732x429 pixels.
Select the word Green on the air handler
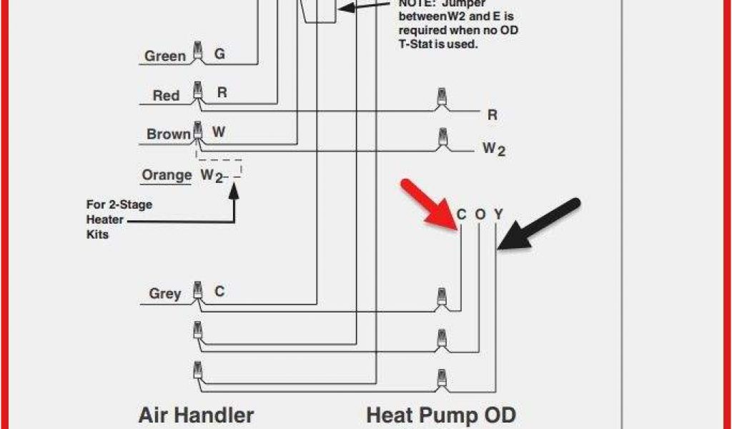click(x=165, y=56)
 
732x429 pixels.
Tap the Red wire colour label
click(x=167, y=95)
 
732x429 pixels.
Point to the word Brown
click(x=169, y=134)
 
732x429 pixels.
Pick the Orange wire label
click(x=167, y=175)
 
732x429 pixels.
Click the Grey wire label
click(x=165, y=293)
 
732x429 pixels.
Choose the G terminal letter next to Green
click(x=219, y=54)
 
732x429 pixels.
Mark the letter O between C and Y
click(x=480, y=214)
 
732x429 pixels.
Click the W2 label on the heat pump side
click(x=493, y=149)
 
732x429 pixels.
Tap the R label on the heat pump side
click(x=492, y=114)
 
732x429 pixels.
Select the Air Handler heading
click(x=196, y=415)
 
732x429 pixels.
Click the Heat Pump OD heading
click(x=441, y=415)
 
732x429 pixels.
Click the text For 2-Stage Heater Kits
click(x=119, y=219)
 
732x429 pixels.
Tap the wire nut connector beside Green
click(x=197, y=54)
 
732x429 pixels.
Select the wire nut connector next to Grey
click(x=197, y=291)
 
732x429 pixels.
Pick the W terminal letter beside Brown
click(x=219, y=132)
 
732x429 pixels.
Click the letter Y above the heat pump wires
click(x=498, y=214)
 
